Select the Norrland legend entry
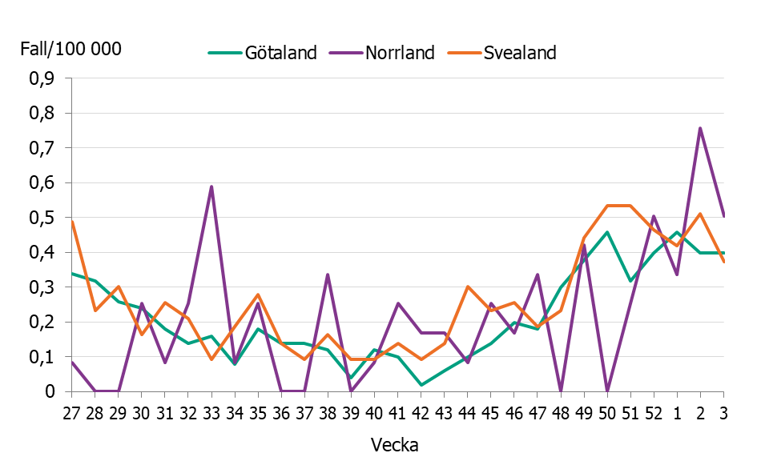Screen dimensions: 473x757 (399, 53)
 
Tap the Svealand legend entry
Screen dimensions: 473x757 (519, 53)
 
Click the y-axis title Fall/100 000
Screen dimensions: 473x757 (70, 49)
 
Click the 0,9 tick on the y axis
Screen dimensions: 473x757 (42, 79)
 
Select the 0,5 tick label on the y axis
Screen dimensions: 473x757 (42, 218)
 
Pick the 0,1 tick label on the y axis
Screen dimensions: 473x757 (42, 357)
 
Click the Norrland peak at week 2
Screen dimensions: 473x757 (700, 128)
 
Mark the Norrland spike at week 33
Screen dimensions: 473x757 (211, 186)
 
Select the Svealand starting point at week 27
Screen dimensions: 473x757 (72, 222)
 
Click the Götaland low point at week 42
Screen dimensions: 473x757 (421, 385)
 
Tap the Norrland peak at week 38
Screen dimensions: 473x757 (328, 275)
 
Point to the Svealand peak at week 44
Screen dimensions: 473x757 (467, 287)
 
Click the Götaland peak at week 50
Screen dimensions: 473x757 (607, 232)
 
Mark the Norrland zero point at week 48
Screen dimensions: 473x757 (561, 391)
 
